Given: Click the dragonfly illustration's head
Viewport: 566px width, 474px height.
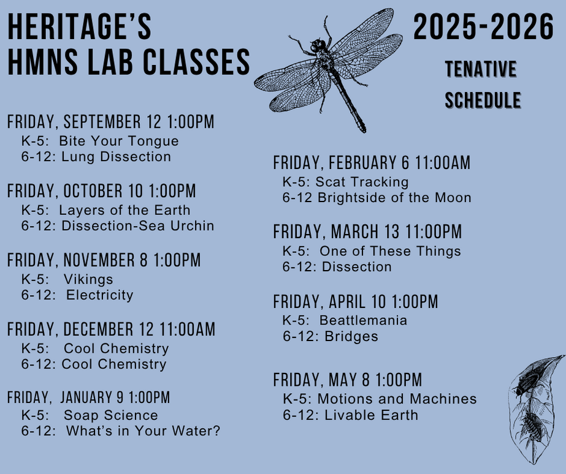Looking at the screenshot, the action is tap(317, 46).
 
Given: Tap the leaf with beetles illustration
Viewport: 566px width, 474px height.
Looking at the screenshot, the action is tap(535, 409).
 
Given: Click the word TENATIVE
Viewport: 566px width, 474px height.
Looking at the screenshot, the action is tap(481, 69).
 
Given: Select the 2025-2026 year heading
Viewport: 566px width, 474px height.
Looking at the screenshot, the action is tap(483, 27).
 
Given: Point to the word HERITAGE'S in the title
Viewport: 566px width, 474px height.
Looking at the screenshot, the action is tap(80, 27).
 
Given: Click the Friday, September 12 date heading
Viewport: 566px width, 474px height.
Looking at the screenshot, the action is tap(111, 121).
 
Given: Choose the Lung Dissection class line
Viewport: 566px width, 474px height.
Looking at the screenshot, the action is tap(96, 156).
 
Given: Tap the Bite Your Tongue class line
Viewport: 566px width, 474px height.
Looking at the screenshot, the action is tap(100, 141).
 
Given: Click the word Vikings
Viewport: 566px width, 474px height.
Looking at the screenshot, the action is tap(88, 279).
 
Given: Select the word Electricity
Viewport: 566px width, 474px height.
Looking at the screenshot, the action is tap(99, 295).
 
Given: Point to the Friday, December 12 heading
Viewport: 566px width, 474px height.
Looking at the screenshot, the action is tap(111, 329).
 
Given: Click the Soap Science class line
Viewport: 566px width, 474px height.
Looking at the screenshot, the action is tap(90, 415).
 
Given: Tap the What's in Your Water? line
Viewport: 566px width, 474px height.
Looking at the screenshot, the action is tap(121, 431).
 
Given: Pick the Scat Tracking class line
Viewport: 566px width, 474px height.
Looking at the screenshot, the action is tap(345, 182).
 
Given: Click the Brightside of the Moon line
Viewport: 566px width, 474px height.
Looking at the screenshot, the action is tap(377, 198).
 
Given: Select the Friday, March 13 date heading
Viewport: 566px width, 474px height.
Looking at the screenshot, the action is tap(367, 231).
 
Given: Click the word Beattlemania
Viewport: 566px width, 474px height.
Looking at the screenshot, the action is tap(363, 320).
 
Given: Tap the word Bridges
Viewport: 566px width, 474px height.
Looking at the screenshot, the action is tap(351, 336).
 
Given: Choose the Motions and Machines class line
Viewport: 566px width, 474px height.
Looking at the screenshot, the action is tap(380, 399).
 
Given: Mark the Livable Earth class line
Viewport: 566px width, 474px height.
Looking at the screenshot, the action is tap(351, 415).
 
